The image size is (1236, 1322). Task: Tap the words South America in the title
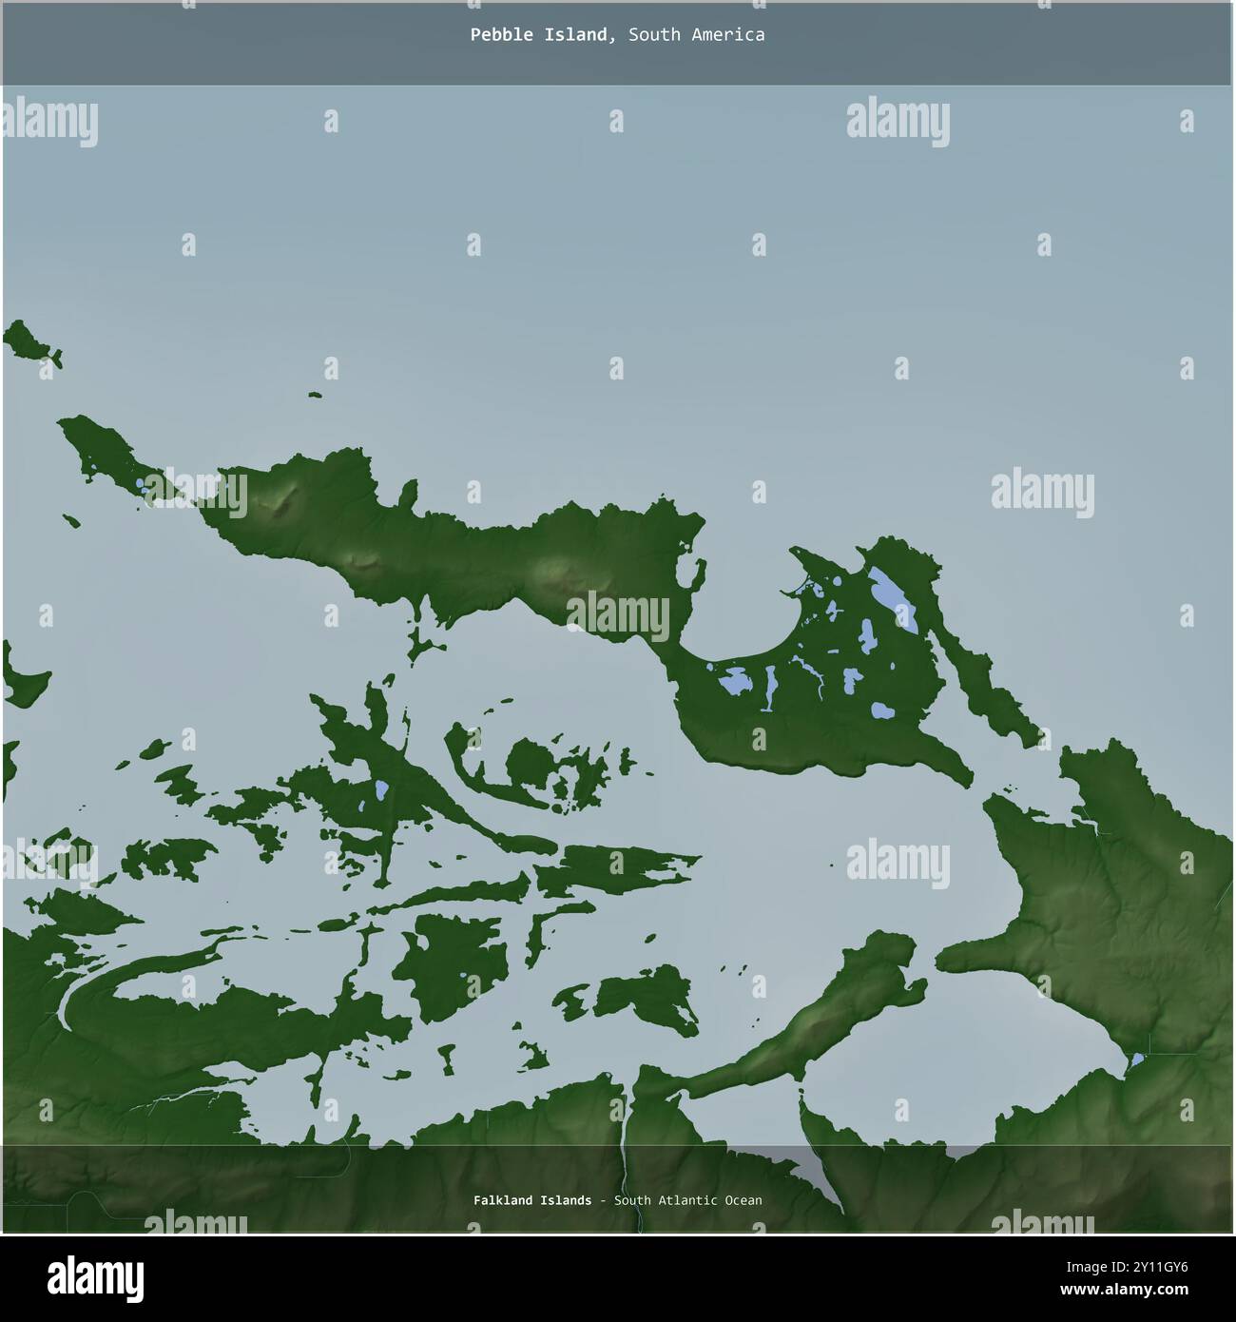(x=696, y=35)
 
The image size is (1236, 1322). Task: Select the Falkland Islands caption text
(x=531, y=1200)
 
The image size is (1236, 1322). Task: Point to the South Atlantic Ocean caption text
(x=687, y=1200)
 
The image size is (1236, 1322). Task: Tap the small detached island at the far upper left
(x=31, y=343)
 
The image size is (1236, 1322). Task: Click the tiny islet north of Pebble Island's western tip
(x=314, y=395)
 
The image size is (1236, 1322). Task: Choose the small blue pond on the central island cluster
(x=380, y=789)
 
